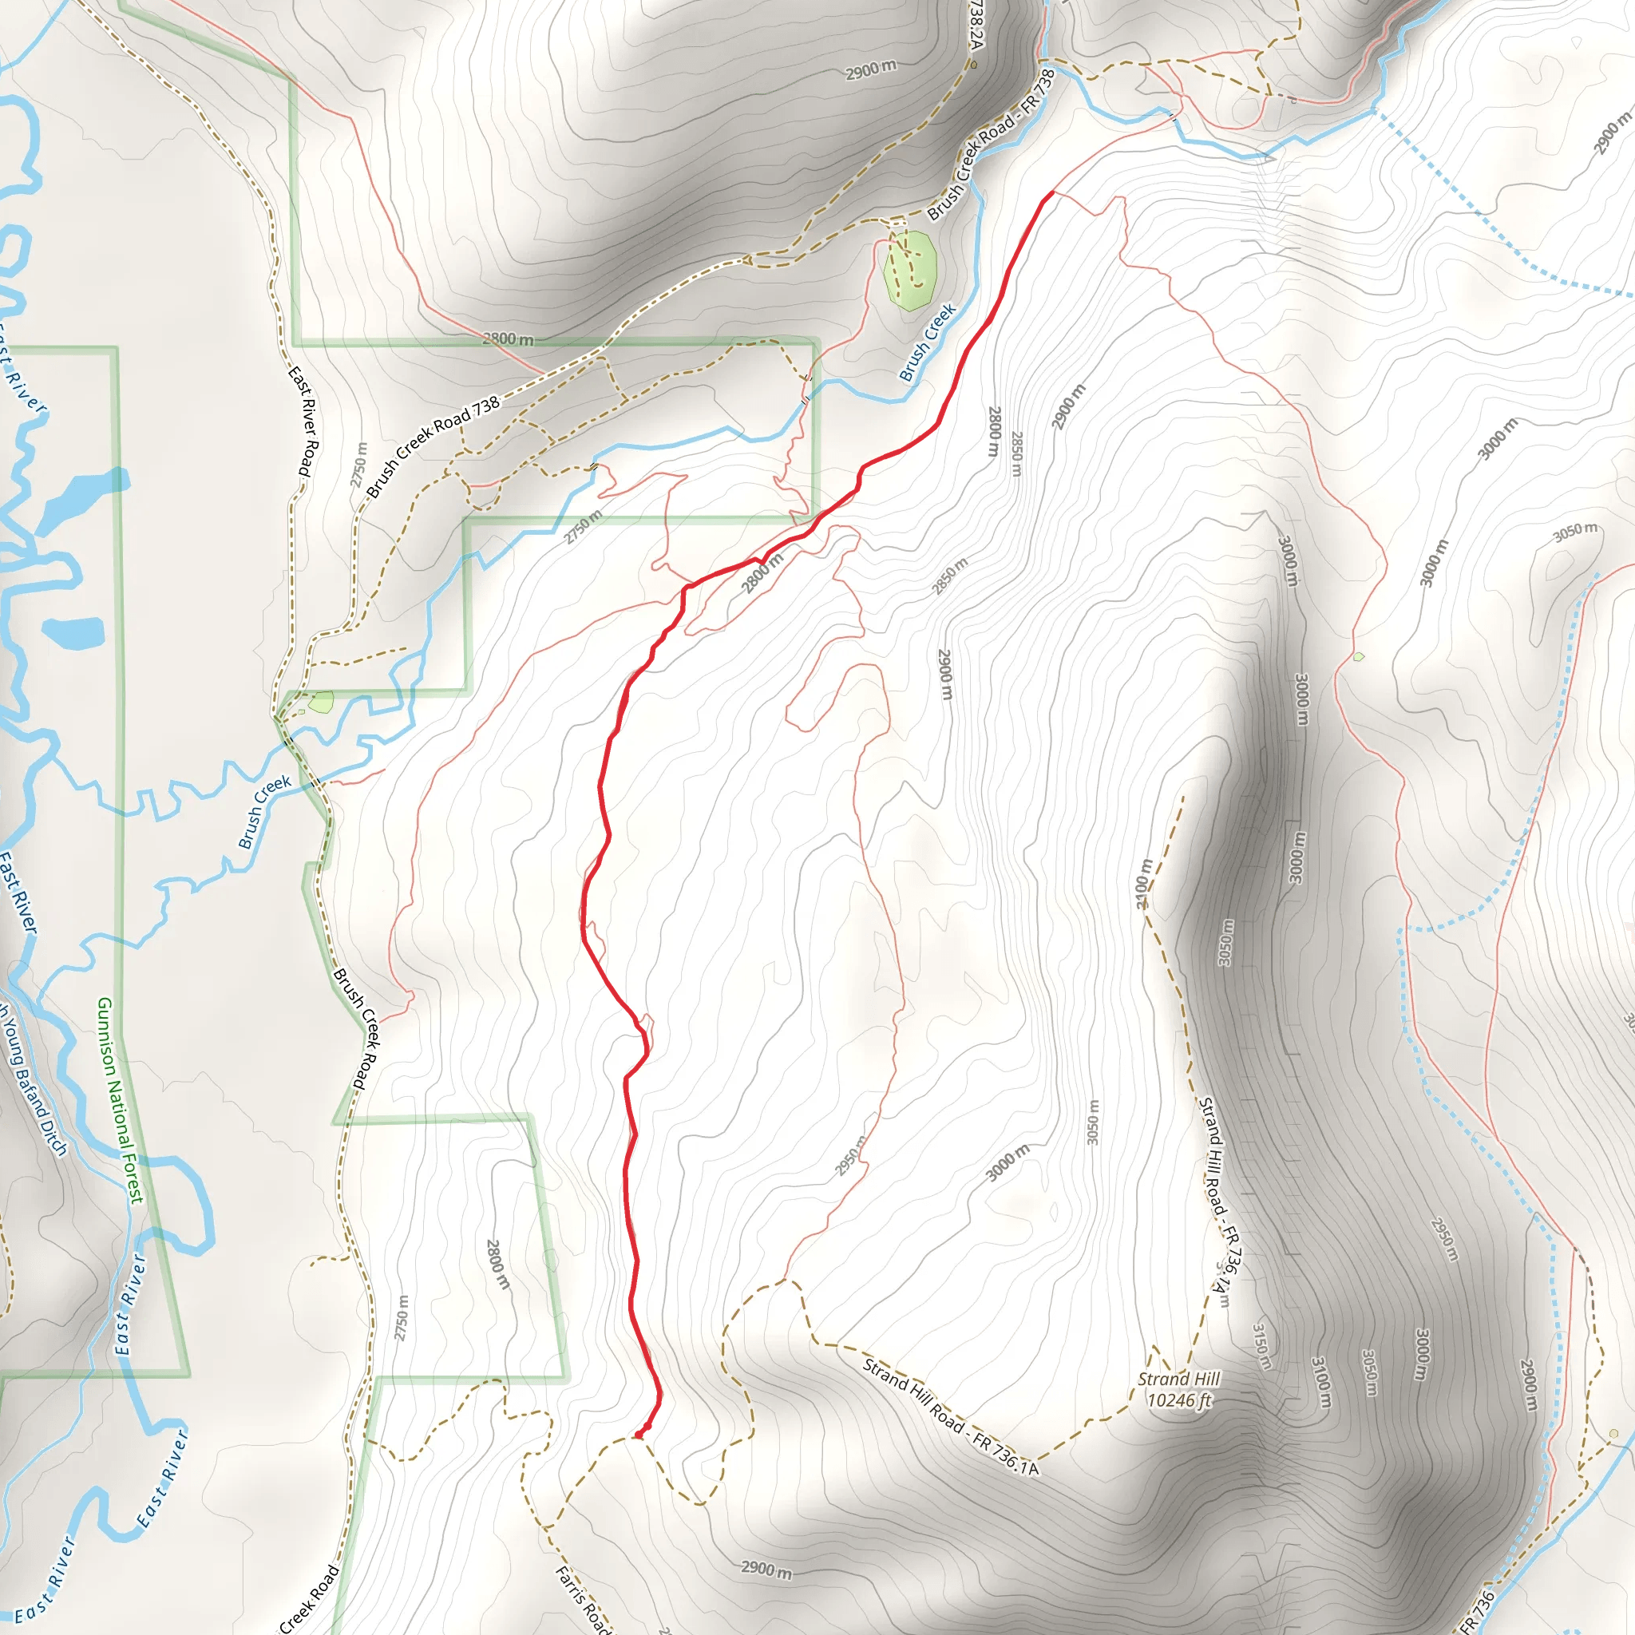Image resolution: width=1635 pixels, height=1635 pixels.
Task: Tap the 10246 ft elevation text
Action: [x=1179, y=1399]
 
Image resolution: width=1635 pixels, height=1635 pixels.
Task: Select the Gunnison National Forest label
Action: [x=121, y=1099]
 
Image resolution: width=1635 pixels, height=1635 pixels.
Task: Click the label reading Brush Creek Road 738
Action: [x=433, y=445]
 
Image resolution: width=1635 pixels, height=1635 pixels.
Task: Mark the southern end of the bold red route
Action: [x=637, y=1435]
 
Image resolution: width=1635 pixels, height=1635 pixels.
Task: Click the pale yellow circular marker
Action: [x=1613, y=1434]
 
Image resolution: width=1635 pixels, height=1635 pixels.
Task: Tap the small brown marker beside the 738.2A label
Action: [x=974, y=65]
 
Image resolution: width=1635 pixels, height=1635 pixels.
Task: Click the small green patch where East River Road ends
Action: [x=322, y=702]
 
